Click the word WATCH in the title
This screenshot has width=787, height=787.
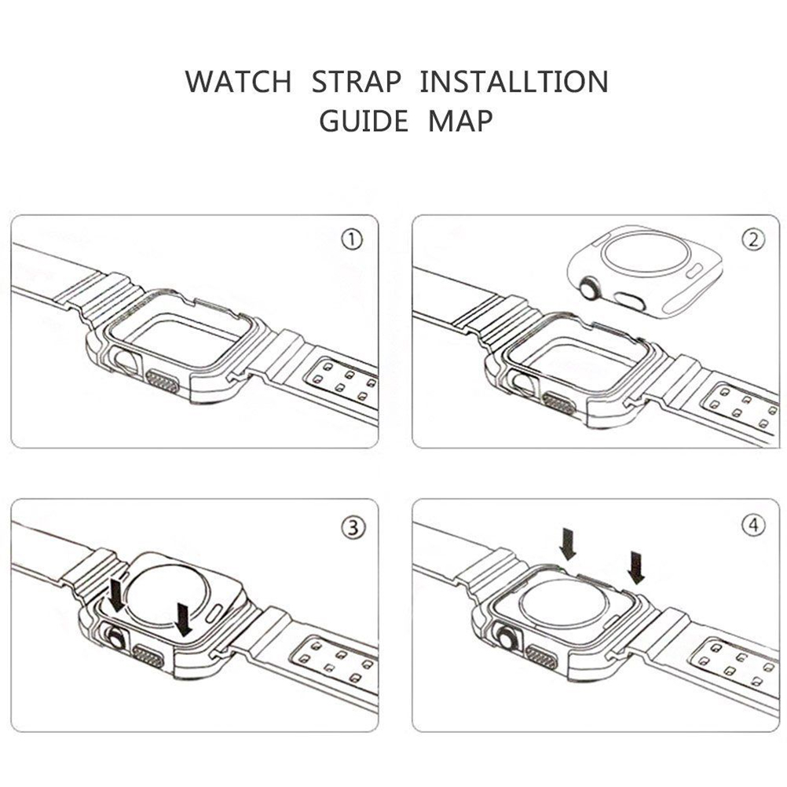tap(238, 82)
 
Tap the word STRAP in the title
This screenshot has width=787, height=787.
tap(357, 82)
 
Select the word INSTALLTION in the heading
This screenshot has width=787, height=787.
tap(514, 82)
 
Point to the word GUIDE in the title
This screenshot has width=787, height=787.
tap(364, 121)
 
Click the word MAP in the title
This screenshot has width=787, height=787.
tap(461, 121)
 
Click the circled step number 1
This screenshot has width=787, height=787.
tap(352, 240)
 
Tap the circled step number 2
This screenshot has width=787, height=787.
tap(753, 240)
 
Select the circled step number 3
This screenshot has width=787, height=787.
tap(354, 528)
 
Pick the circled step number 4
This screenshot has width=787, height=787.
tap(753, 525)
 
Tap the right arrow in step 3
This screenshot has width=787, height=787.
tap(183, 620)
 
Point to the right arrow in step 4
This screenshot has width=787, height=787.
tap(636, 568)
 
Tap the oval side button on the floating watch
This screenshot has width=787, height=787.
tap(628, 299)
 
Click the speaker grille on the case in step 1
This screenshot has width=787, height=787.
tap(162, 383)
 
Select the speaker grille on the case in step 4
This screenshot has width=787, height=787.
tap(542, 657)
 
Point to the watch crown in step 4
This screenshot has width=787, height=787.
tap(505, 639)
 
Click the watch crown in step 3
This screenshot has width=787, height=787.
tap(115, 639)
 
